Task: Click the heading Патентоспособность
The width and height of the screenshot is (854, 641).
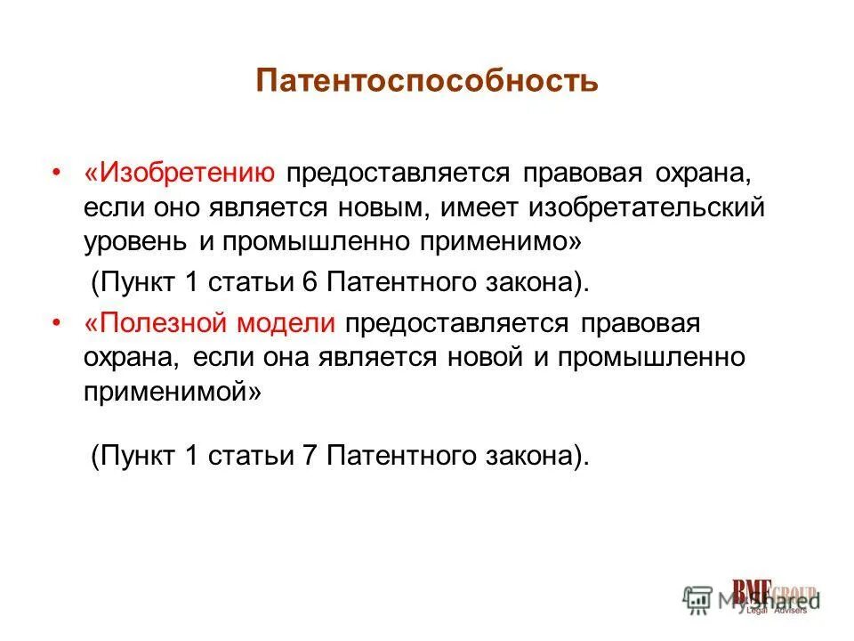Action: pos(426,82)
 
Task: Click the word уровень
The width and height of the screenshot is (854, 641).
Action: pos(136,242)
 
